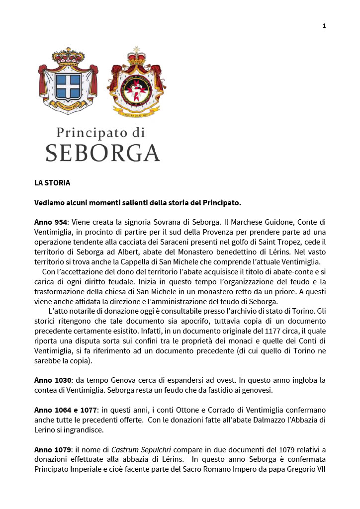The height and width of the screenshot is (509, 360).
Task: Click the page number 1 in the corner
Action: pos(324,26)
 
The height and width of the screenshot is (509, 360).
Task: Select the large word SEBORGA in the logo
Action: pos(103,153)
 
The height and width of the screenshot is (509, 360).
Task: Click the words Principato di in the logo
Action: pos(100,133)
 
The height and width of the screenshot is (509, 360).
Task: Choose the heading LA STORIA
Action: pos(52,183)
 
